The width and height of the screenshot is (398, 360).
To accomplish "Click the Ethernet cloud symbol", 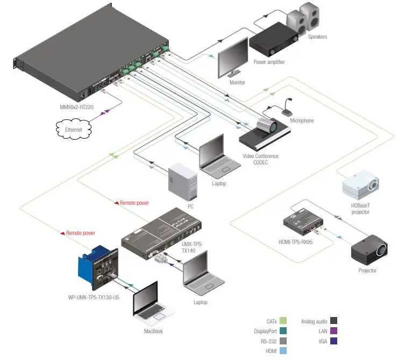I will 74,129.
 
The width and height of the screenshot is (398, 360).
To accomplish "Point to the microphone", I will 285,108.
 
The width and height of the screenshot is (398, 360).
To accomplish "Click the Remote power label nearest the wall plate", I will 81,233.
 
